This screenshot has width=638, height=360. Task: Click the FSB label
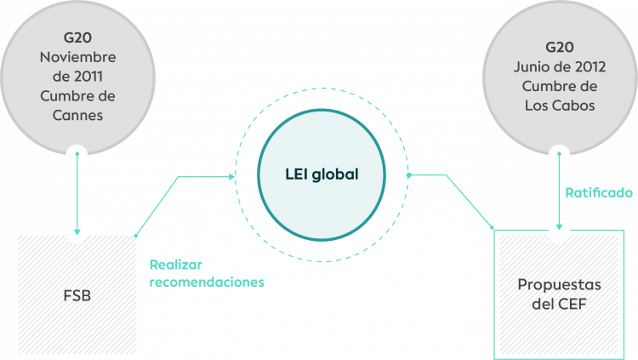tap(77, 296)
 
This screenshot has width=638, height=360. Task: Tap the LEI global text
tap(322, 174)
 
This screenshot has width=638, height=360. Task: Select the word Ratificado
tap(599, 193)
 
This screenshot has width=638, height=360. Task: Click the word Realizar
tap(175, 264)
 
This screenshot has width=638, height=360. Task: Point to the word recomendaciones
tap(207, 282)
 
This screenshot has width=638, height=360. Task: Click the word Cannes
tap(77, 115)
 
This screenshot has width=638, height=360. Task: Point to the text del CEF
tap(560, 303)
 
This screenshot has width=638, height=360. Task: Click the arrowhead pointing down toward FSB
tap(77, 230)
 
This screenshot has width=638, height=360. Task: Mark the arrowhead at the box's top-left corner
tap(492, 226)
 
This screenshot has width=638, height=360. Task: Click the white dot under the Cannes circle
tap(77, 156)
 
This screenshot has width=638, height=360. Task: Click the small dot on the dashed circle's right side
tap(409, 175)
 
